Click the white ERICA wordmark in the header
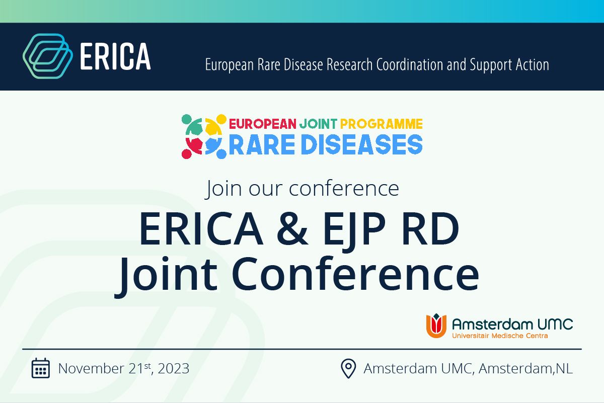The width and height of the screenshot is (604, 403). coord(115,56)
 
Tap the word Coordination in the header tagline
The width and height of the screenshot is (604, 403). coord(410,65)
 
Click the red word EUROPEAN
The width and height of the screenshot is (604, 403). coord(263,124)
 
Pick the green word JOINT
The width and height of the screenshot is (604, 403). coord(318,124)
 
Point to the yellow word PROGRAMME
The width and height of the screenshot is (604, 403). coord(382,124)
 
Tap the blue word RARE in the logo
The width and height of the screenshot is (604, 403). coord(262,145)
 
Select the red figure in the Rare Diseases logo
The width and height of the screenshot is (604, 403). coord(192,148)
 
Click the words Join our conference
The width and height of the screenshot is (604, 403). coord(302,189)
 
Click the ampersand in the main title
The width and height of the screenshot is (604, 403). coord(292,229)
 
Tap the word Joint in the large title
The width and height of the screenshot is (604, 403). coord(166,276)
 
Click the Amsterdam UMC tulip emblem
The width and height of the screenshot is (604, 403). coord(436,326)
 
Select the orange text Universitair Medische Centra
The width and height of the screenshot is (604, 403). coord(500,336)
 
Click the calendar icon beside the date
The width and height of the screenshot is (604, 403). coord(41,368)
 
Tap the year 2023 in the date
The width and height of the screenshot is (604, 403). coord(173,368)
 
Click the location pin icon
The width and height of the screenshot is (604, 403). coord(348,368)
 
